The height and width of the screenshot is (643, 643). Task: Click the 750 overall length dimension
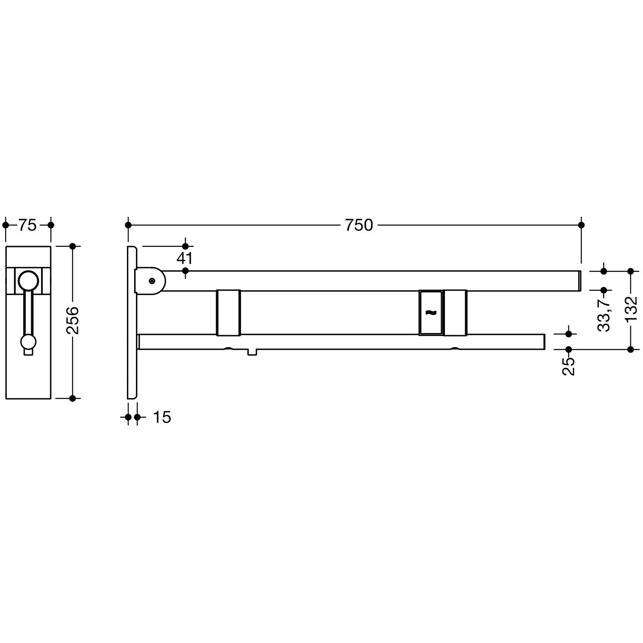(359, 225)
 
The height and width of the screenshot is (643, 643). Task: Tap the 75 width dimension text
(28, 225)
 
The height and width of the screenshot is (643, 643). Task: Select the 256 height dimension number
(72, 320)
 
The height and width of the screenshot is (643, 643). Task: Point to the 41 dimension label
(185, 258)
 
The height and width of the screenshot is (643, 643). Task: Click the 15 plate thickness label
(162, 417)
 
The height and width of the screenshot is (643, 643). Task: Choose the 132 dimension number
(631, 309)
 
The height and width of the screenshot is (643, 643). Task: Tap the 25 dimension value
(569, 367)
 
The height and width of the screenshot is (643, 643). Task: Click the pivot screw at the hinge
(152, 281)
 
